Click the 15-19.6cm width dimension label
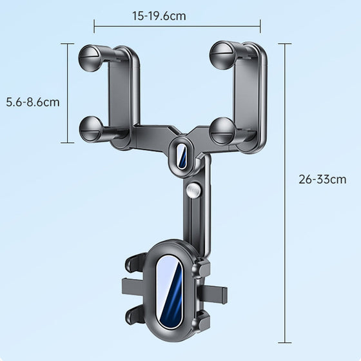point(159,16)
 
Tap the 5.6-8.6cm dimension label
point(32,102)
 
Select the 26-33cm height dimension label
point(322,179)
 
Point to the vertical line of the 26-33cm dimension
point(285,193)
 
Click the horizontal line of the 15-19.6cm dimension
point(177,26)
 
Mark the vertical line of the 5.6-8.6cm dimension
point(68,93)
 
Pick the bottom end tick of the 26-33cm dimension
point(285,342)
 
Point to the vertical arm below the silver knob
point(195,219)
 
